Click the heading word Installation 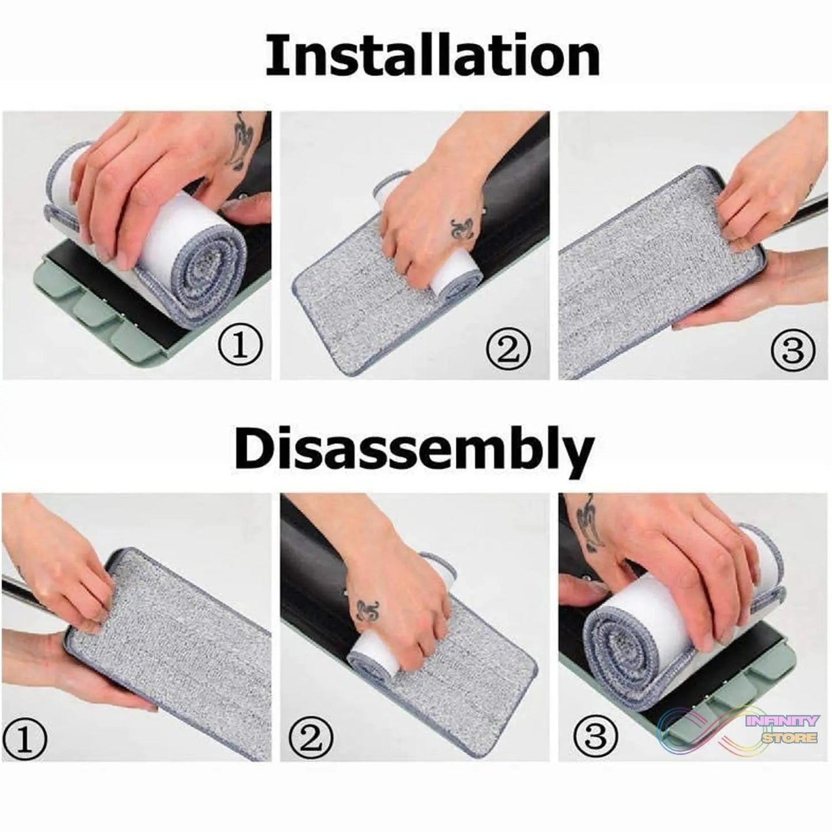[x=432, y=56]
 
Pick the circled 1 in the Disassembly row [x=24, y=736]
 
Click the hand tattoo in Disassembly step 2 [x=367, y=611]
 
